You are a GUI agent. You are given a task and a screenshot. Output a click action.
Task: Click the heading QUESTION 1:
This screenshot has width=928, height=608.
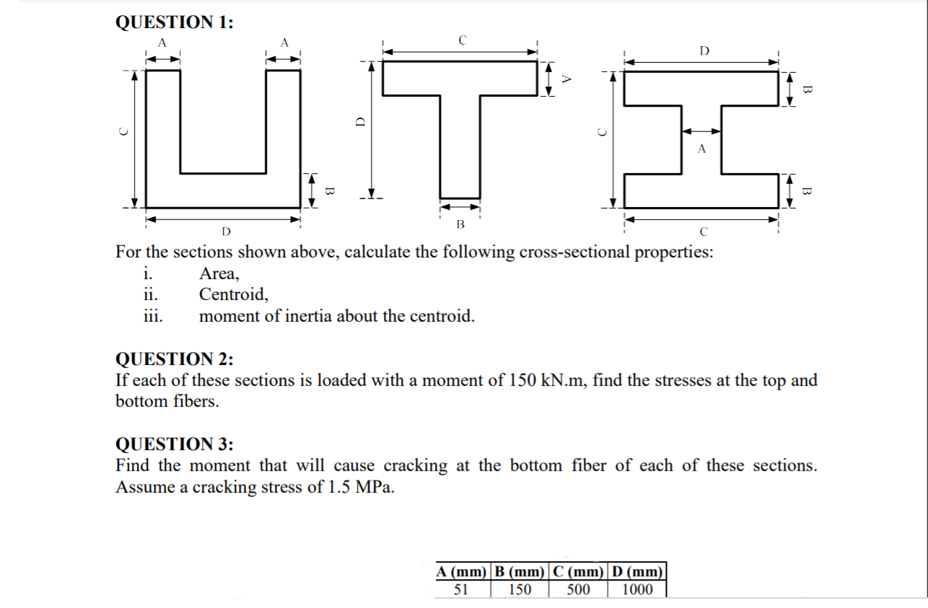coord(174,22)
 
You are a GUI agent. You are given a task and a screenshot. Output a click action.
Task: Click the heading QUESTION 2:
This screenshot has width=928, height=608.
coord(174,359)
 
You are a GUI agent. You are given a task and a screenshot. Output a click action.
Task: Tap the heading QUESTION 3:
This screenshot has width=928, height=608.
coord(174,444)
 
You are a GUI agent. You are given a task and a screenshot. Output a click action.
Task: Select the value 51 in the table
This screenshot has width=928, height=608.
coord(462,589)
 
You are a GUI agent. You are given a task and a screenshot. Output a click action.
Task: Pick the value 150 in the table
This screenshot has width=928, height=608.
coord(520,589)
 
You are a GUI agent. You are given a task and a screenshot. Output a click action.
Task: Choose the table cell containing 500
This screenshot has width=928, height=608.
coord(579,589)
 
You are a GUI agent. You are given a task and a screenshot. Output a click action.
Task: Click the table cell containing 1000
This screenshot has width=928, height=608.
coord(637,589)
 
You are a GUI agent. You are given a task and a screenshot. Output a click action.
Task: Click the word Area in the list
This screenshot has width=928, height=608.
coord(217,273)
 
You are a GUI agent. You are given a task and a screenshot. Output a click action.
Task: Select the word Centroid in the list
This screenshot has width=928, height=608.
coord(232,294)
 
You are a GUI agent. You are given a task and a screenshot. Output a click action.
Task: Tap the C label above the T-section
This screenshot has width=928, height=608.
coord(462,40)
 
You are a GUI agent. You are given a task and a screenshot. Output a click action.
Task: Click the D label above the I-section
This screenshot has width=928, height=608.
coord(704,50)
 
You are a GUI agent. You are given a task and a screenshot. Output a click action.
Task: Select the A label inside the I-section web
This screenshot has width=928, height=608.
coord(701,149)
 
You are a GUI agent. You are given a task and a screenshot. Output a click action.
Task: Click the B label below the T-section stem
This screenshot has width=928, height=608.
coord(460,224)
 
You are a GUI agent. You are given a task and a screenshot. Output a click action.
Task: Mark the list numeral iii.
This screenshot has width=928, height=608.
coord(152,316)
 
